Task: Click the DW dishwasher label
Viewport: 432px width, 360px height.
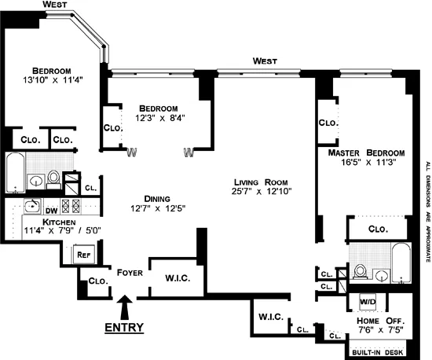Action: click(50, 210)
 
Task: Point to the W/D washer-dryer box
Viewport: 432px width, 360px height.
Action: click(368, 301)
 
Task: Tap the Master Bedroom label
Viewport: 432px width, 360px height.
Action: click(366, 152)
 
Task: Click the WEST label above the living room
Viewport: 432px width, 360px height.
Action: click(265, 60)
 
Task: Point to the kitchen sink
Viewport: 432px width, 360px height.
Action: click(32, 208)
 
